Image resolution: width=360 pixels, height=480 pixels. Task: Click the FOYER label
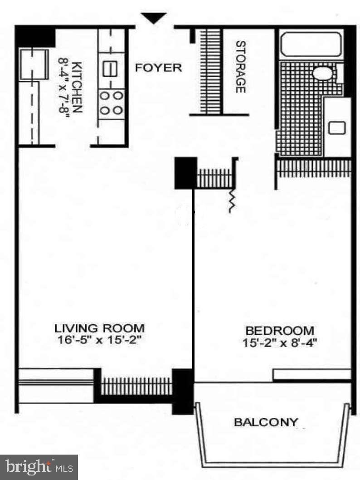coord(159,68)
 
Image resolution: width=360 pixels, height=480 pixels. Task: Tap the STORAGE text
coord(240,67)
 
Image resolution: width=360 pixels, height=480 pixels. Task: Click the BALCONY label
coord(266,422)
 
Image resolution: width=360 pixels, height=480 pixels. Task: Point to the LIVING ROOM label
coord(99,328)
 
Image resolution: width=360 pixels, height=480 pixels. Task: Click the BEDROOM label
coord(279,330)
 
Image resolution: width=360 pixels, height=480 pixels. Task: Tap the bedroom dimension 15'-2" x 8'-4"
coord(279,343)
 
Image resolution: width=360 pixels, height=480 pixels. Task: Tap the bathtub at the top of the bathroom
coord(310,44)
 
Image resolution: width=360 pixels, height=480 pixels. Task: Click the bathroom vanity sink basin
coord(336,128)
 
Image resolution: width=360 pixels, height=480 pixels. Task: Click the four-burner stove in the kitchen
coord(112,103)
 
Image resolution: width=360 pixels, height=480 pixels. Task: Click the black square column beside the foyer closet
coord(185,173)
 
